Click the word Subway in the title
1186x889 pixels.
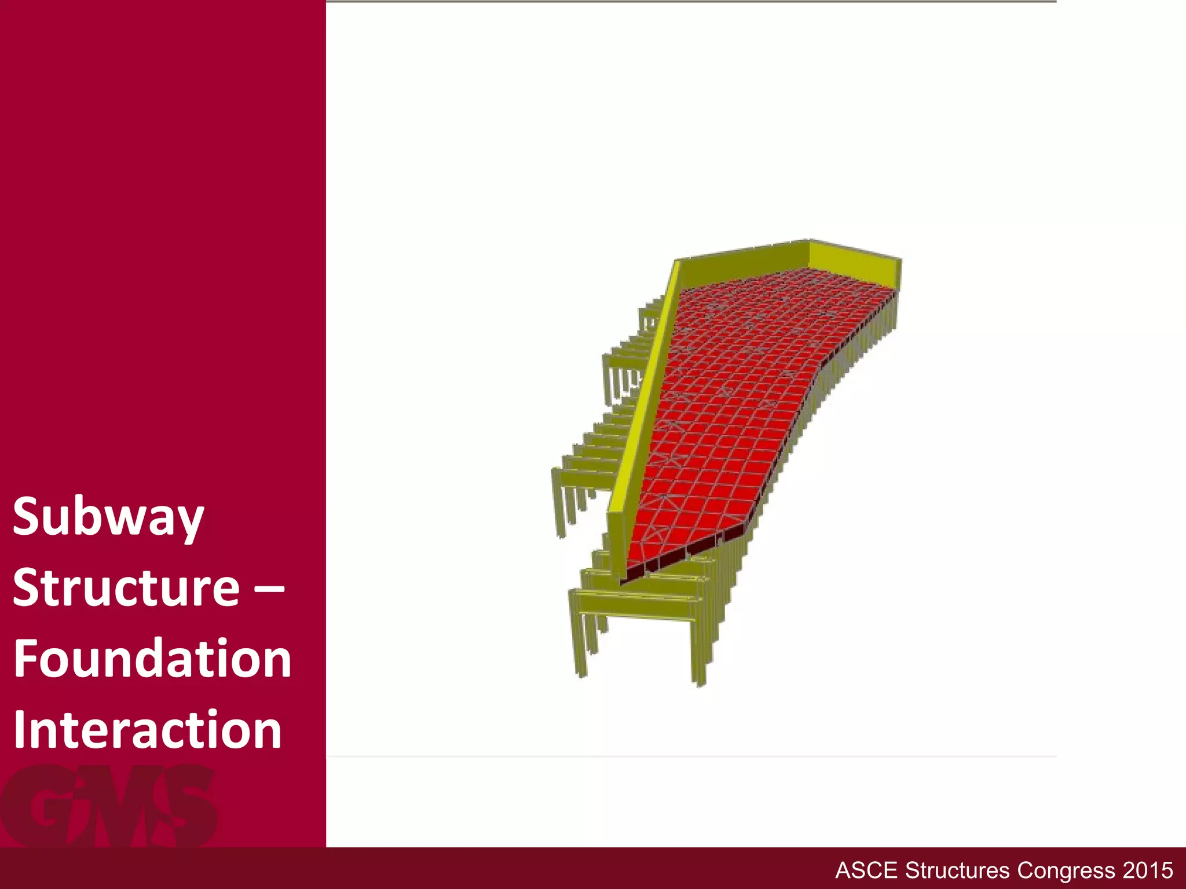point(108,517)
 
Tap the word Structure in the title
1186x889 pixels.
point(126,588)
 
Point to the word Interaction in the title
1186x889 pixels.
point(147,729)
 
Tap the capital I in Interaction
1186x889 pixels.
point(19,729)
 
